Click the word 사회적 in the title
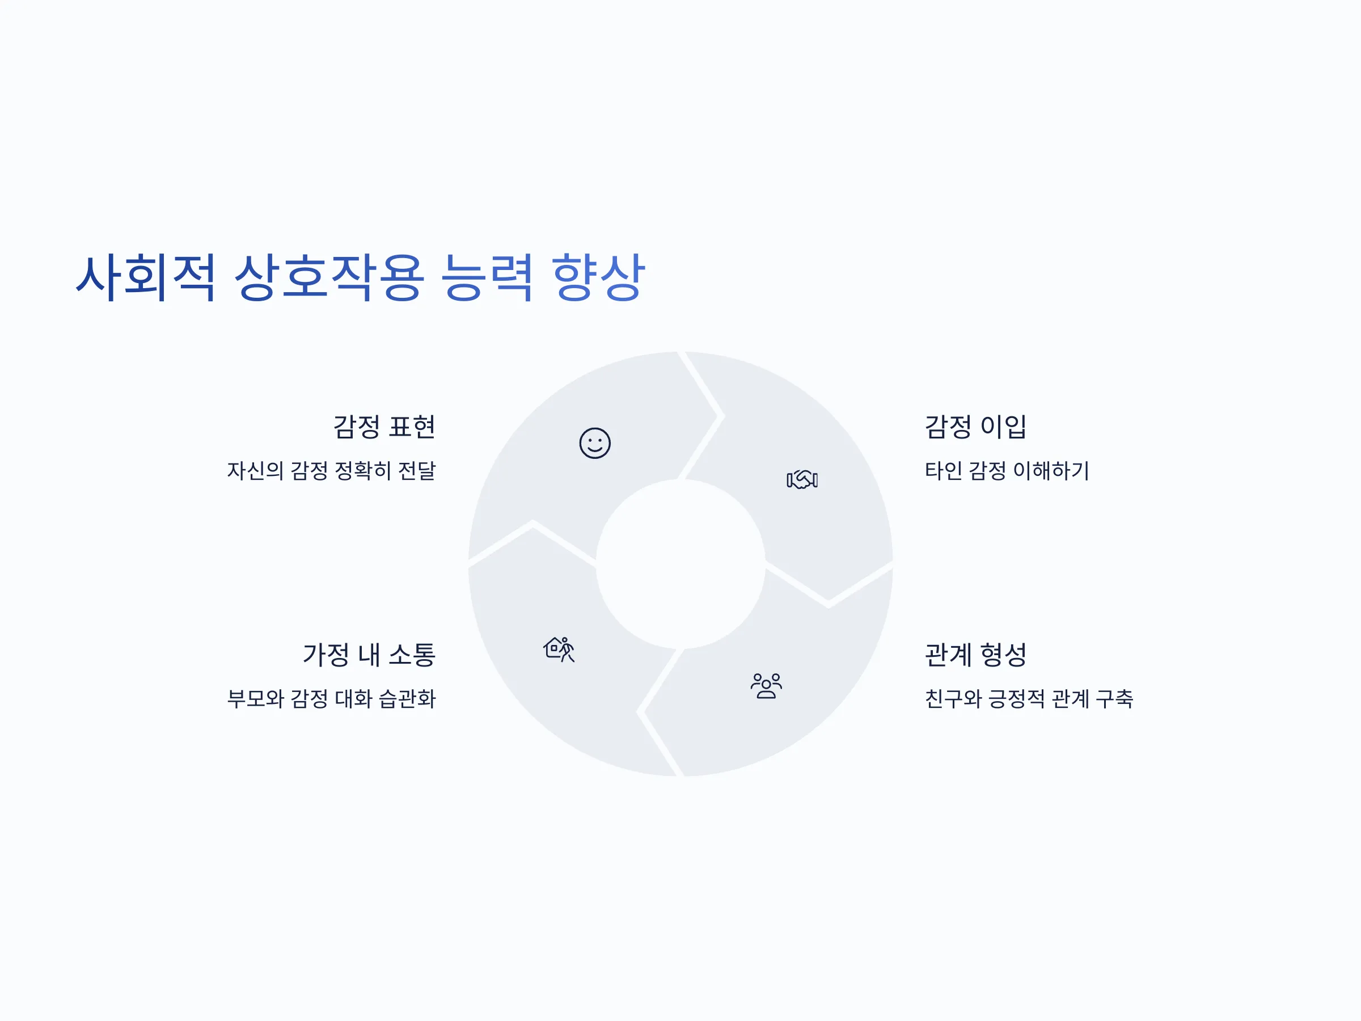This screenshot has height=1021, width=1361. (x=146, y=277)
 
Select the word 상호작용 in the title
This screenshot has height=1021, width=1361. (x=329, y=277)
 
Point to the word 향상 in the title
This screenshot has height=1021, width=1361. (x=598, y=277)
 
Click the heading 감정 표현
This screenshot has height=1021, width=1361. (x=384, y=427)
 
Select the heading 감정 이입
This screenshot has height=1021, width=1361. (x=976, y=427)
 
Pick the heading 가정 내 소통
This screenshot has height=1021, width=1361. (x=369, y=654)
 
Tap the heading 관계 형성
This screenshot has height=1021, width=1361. (x=976, y=654)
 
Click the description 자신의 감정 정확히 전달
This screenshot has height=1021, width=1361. (x=332, y=471)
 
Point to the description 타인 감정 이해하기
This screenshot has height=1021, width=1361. (x=1007, y=471)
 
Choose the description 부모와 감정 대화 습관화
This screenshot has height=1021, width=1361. (x=332, y=698)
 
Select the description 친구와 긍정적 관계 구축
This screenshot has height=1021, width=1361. (x=1029, y=698)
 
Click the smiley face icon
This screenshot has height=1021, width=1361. (x=595, y=443)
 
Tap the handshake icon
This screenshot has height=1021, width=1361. (x=802, y=479)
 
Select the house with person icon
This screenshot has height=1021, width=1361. (x=559, y=649)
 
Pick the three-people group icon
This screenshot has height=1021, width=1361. (x=766, y=686)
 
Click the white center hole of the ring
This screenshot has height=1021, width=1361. (x=681, y=564)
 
